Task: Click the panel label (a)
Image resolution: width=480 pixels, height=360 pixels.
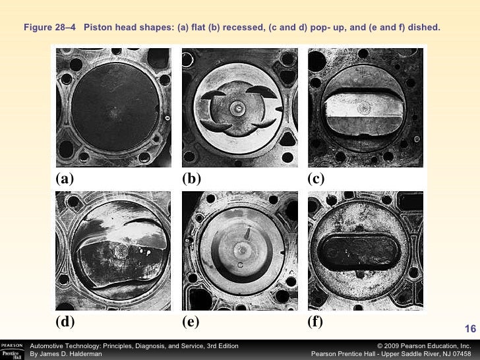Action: tap(65, 179)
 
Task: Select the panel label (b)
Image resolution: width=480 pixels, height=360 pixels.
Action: tap(191, 179)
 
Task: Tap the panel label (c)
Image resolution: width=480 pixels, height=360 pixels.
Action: tap(316, 179)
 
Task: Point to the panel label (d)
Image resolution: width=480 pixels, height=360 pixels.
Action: tap(65, 322)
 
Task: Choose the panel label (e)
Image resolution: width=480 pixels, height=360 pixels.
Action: tap(191, 322)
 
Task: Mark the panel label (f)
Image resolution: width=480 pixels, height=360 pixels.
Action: tap(315, 322)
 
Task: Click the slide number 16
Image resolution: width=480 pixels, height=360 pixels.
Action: tap(470, 329)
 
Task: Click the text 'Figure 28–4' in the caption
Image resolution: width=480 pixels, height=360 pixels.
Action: tap(49, 27)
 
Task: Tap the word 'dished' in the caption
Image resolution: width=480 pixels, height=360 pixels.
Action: tap(424, 27)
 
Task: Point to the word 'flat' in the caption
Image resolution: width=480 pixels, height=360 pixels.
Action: tap(198, 27)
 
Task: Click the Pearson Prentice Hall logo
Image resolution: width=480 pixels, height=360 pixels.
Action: tap(13, 351)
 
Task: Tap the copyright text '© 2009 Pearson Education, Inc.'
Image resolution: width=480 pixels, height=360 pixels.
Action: tap(424, 346)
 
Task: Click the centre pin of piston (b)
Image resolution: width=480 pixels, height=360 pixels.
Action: tap(237, 108)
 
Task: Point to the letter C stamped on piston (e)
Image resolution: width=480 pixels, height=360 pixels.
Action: tap(240, 265)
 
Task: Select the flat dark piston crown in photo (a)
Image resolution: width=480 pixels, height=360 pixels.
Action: tap(115, 107)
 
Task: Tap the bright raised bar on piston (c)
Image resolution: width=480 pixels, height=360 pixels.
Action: tap(364, 106)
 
